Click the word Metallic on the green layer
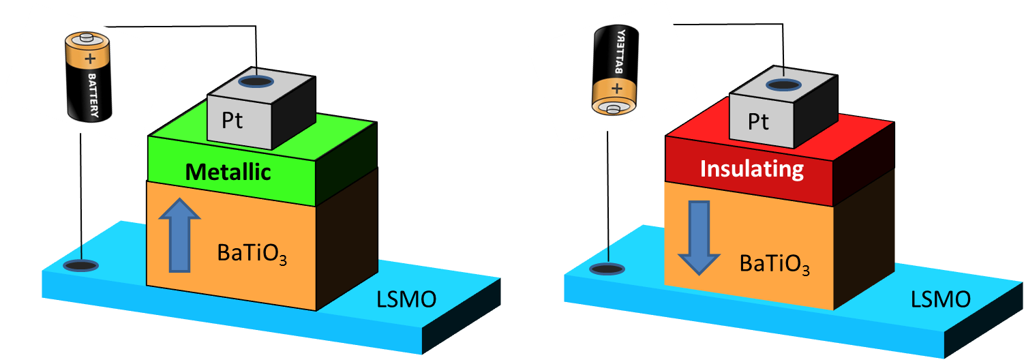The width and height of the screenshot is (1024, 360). pyautogui.click(x=228, y=172)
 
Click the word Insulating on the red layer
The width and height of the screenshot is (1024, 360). pyautogui.click(x=752, y=168)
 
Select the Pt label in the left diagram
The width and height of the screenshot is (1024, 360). pyautogui.click(x=232, y=121)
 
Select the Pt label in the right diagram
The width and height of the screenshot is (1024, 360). pyautogui.click(x=758, y=121)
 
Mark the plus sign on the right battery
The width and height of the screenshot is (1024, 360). pyautogui.click(x=617, y=88)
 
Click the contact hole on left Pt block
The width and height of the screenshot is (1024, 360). pyautogui.click(x=257, y=81)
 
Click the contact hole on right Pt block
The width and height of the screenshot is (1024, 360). pyautogui.click(x=783, y=85)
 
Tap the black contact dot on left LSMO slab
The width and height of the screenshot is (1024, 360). pyautogui.click(x=80, y=265)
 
